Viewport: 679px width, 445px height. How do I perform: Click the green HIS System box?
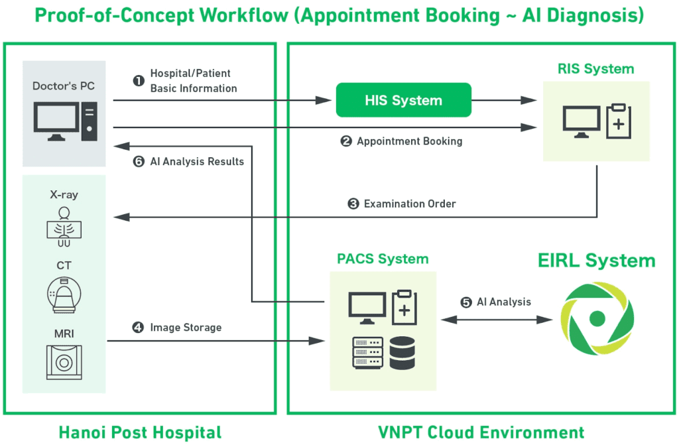pos(403,100)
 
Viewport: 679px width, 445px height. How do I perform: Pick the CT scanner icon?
pos(64,291)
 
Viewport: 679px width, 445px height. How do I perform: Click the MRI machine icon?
pos(64,361)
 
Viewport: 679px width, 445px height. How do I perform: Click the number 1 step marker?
pos(139,80)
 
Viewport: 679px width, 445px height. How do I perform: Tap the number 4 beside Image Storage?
pos(138,328)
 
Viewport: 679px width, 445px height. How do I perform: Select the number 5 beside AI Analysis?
pos(466,302)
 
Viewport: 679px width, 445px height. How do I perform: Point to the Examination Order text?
pos(410,204)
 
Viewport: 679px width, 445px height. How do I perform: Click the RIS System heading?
pos(596,69)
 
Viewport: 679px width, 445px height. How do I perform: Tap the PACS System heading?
pos(383,259)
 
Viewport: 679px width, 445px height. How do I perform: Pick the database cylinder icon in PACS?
pos(402,353)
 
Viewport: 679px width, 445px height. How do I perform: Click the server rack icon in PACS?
pos(367,353)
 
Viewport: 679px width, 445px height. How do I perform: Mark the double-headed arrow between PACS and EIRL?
pos(497,319)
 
